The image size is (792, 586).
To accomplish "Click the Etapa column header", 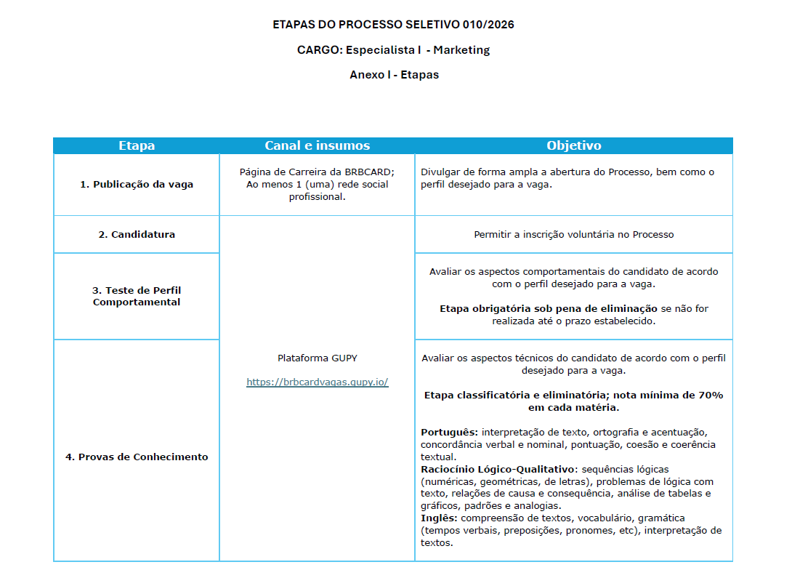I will [x=137, y=145].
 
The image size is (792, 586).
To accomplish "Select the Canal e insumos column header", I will [x=317, y=145].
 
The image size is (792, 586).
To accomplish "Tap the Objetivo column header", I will [x=573, y=145].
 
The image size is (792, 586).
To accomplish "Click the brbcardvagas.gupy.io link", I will [x=317, y=382].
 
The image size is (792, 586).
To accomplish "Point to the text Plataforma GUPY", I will [x=317, y=358].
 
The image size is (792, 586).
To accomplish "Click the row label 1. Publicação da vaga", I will [x=137, y=185].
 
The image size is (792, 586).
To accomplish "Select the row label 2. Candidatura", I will [x=137, y=234].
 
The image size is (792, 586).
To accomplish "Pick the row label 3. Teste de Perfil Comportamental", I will [x=137, y=296].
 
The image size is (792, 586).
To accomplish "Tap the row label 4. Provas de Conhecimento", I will [x=137, y=457].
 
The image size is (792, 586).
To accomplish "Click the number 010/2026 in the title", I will [x=488, y=25].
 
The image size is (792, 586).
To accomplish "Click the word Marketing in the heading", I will [x=461, y=50].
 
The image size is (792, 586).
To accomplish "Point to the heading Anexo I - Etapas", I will [x=394, y=75].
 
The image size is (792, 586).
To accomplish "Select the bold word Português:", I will [x=449, y=432].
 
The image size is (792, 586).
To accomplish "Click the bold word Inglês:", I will [x=439, y=518].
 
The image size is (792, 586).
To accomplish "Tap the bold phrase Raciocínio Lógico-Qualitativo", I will [x=498, y=469].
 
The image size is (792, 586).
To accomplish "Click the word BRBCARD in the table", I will [x=369, y=172].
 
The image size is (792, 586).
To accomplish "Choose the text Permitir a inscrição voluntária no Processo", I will [x=573, y=234].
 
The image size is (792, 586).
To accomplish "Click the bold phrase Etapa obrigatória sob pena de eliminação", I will [x=548, y=308].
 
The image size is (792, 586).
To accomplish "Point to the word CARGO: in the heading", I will [x=320, y=50].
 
